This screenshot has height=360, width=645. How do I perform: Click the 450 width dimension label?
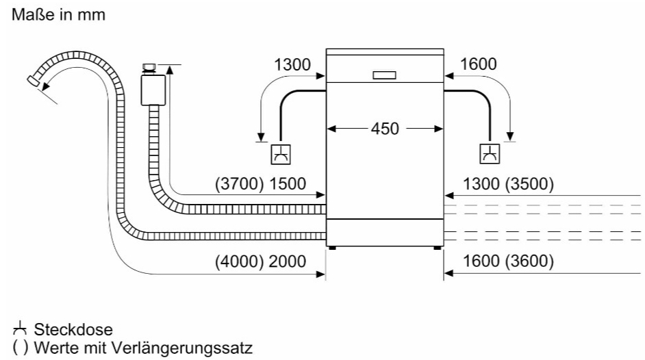tap(385, 129)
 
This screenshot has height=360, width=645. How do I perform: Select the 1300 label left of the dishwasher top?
tap(292, 65)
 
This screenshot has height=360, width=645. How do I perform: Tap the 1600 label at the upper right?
tap(478, 64)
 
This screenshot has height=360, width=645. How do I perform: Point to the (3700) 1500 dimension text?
tap(260, 183)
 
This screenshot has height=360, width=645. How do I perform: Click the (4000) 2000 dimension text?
tap(260, 261)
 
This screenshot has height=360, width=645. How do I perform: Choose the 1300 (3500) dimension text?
tap(509, 183)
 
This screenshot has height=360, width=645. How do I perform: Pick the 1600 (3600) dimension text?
tap(509, 261)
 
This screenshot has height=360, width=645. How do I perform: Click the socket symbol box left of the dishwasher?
tap(281, 155)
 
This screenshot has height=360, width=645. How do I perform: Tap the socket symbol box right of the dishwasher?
tap(490, 154)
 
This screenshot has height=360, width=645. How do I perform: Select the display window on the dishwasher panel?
tap(385, 75)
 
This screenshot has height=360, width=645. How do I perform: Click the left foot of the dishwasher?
tap(332, 248)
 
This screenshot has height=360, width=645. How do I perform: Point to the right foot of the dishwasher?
tap(437, 248)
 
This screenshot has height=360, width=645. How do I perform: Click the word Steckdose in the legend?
tap(73, 330)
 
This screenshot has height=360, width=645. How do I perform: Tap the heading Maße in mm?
tap(58, 15)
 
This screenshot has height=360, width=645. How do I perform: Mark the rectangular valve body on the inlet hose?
tap(153, 90)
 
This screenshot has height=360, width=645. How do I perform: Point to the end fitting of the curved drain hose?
tap(33, 81)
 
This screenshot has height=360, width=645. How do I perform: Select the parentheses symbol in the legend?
tap(20, 348)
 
